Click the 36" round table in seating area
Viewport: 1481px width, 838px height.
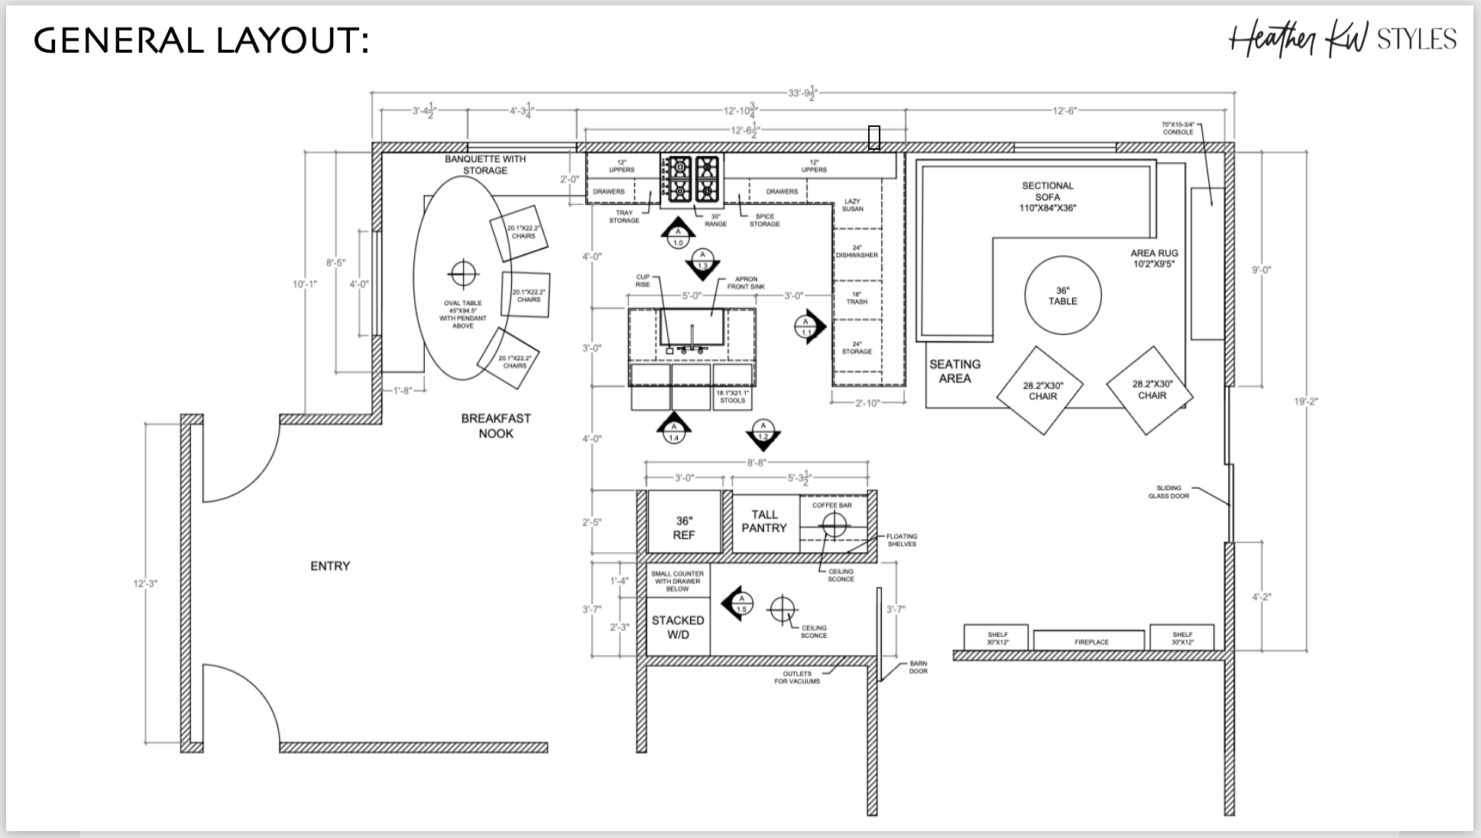coord(1062,295)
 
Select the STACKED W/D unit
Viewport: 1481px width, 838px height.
coord(678,627)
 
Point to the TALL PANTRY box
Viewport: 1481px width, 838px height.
coord(764,521)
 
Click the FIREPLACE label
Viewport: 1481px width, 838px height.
coord(1091,642)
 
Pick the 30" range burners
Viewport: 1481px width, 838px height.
coord(692,178)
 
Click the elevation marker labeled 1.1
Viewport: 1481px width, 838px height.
coord(809,327)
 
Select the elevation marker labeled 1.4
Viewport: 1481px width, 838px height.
coord(673,430)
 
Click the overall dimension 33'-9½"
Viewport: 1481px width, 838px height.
coord(802,93)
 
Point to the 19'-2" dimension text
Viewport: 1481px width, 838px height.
coord(1306,401)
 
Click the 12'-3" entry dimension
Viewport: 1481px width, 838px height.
coord(145,583)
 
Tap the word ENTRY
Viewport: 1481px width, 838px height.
coord(330,566)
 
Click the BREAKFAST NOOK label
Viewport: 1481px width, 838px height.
coord(495,426)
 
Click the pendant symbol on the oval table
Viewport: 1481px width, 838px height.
coord(464,271)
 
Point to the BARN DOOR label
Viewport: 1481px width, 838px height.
coord(918,667)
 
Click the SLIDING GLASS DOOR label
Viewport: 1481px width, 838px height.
coord(1168,492)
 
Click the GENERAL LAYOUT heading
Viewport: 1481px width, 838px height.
coord(202,41)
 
